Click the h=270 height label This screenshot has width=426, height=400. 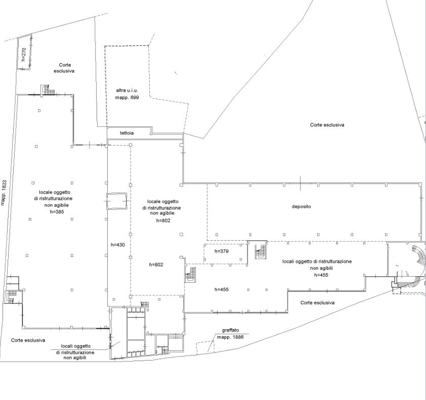pyautogui.click(x=23, y=54)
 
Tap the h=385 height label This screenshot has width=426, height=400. pyautogui.click(x=57, y=212)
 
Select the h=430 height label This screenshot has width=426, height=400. pyautogui.click(x=118, y=245)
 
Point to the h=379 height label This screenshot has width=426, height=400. pyautogui.click(x=222, y=251)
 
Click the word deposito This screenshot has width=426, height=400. pyautogui.click(x=302, y=207)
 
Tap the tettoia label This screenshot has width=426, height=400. pyautogui.click(x=126, y=133)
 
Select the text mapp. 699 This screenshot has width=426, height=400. pyautogui.click(x=127, y=98)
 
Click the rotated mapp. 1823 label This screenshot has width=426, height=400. pyautogui.click(x=3, y=193)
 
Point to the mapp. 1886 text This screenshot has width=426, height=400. pyautogui.click(x=230, y=337)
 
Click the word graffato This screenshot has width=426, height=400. pyautogui.click(x=230, y=330)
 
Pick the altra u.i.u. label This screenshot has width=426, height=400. pyautogui.click(x=127, y=91)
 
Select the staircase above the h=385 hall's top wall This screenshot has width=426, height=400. pyautogui.click(x=48, y=90)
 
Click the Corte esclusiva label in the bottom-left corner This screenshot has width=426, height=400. pyautogui.click(x=28, y=340)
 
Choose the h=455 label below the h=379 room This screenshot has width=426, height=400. pyautogui.click(x=222, y=289)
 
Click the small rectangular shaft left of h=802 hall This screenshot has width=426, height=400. pyautogui.click(x=116, y=201)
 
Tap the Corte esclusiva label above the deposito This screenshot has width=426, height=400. pyautogui.click(x=327, y=125)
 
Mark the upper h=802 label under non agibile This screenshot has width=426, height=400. pyautogui.click(x=163, y=220)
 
